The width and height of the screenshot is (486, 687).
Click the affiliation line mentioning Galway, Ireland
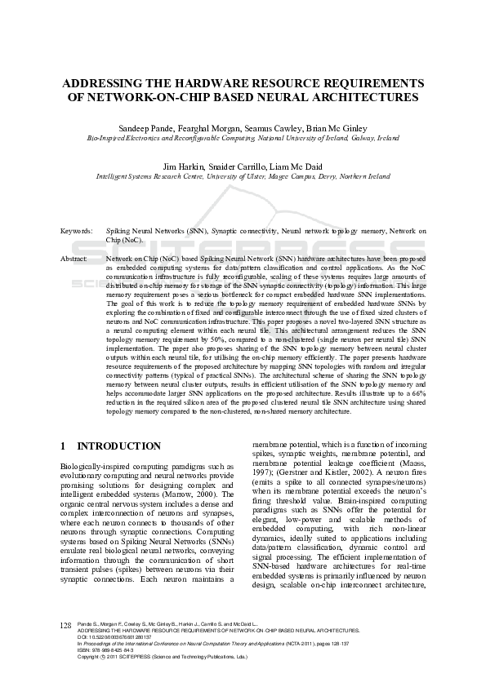point(243,139)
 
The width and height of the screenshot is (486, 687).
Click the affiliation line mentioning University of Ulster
point(243,176)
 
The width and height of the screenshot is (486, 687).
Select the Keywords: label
point(76,232)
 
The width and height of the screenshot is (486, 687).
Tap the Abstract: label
point(74,259)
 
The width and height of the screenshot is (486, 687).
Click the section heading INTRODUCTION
point(118,446)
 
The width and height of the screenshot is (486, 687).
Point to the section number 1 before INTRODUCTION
point(64,446)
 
